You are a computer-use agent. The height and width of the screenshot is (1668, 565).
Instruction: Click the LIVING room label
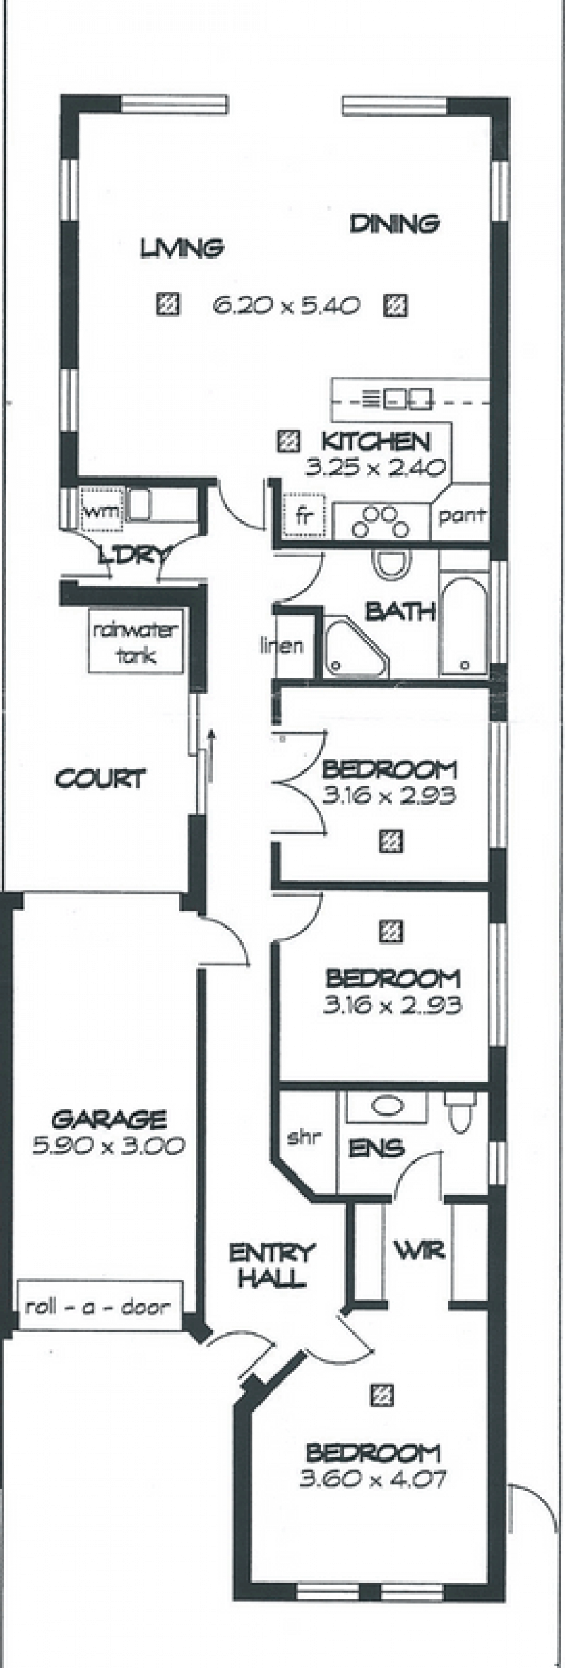click(182, 248)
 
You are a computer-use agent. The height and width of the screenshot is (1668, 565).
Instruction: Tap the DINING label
click(395, 223)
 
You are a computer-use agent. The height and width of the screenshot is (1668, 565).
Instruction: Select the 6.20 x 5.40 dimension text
click(286, 306)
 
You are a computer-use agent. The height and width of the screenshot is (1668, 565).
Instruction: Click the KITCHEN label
click(376, 442)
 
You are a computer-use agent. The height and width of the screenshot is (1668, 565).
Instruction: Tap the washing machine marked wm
click(102, 510)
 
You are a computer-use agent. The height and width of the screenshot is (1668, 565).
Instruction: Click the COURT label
click(100, 779)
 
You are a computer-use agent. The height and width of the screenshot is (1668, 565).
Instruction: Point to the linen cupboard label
click(282, 644)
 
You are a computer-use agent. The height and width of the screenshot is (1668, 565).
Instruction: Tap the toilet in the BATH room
click(392, 564)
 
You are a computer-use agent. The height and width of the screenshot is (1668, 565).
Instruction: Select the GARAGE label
click(109, 1119)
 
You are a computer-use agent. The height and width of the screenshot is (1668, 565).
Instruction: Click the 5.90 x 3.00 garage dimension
click(109, 1145)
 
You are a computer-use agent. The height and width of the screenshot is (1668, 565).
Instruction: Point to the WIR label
click(419, 1250)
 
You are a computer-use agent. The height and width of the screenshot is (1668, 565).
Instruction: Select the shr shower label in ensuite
click(304, 1137)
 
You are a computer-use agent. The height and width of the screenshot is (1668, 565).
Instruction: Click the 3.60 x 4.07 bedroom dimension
click(373, 1478)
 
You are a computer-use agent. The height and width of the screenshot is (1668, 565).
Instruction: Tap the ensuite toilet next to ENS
click(463, 1111)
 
